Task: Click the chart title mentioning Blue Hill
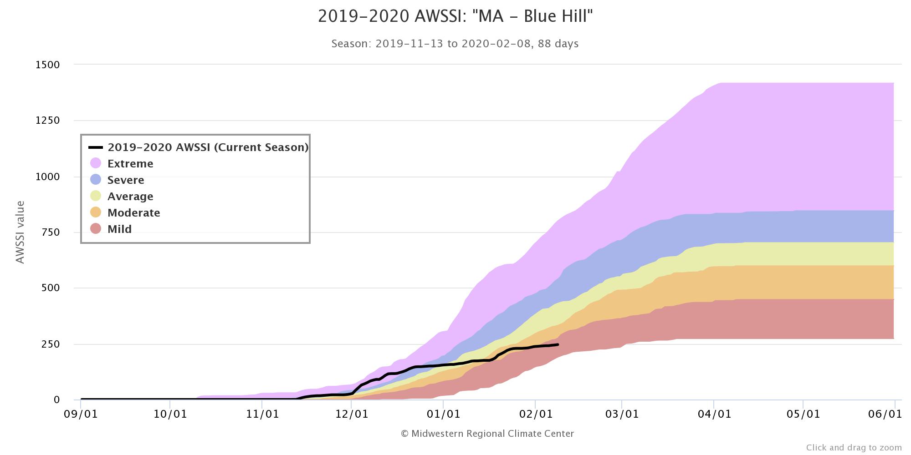point(455,16)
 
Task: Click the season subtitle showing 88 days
point(455,44)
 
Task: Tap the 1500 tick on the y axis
point(48,65)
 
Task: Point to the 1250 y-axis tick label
point(48,121)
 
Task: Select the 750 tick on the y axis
point(51,233)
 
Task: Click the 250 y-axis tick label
point(51,344)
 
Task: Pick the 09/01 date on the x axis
point(81,414)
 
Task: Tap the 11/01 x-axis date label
point(262,414)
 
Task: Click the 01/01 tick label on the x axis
point(443,414)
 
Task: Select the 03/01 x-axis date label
point(622,414)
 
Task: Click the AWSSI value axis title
point(20,232)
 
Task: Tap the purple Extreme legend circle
point(96,163)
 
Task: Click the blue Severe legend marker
point(96,179)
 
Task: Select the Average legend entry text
point(130,196)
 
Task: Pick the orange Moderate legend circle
point(96,212)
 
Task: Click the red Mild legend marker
point(96,228)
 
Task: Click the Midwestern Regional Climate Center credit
point(487,434)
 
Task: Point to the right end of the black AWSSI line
point(558,344)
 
